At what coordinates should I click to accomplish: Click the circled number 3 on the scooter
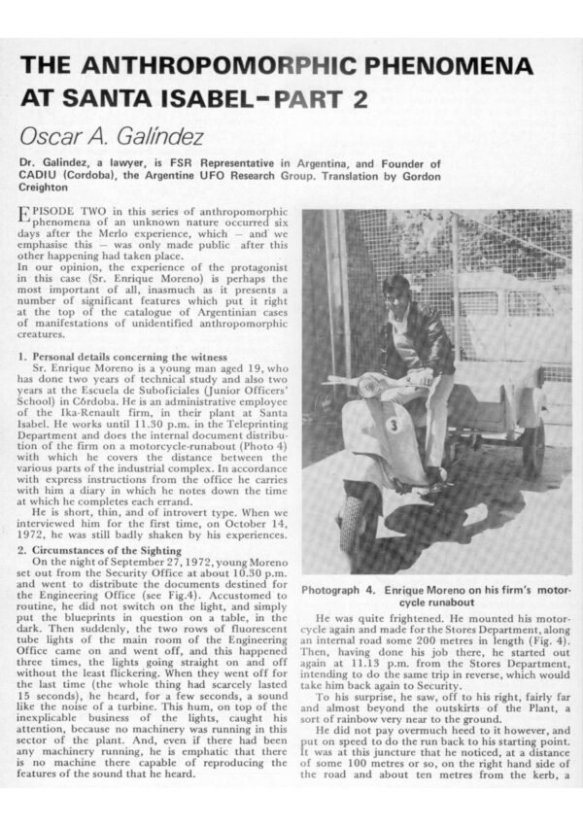click(x=393, y=424)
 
